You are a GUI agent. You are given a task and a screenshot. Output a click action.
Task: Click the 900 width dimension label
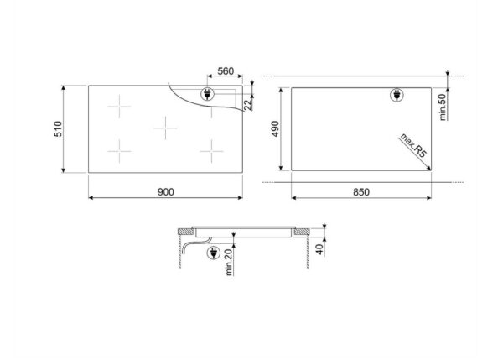click(165, 192)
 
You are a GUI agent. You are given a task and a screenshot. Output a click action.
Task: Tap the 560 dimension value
click(225, 71)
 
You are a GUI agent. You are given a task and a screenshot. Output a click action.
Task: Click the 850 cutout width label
click(360, 192)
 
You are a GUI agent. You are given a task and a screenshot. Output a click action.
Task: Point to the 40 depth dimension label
click(321, 248)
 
